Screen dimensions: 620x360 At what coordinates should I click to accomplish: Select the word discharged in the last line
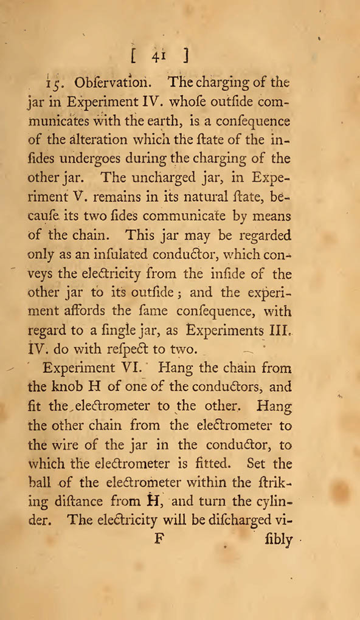[x=246, y=521]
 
